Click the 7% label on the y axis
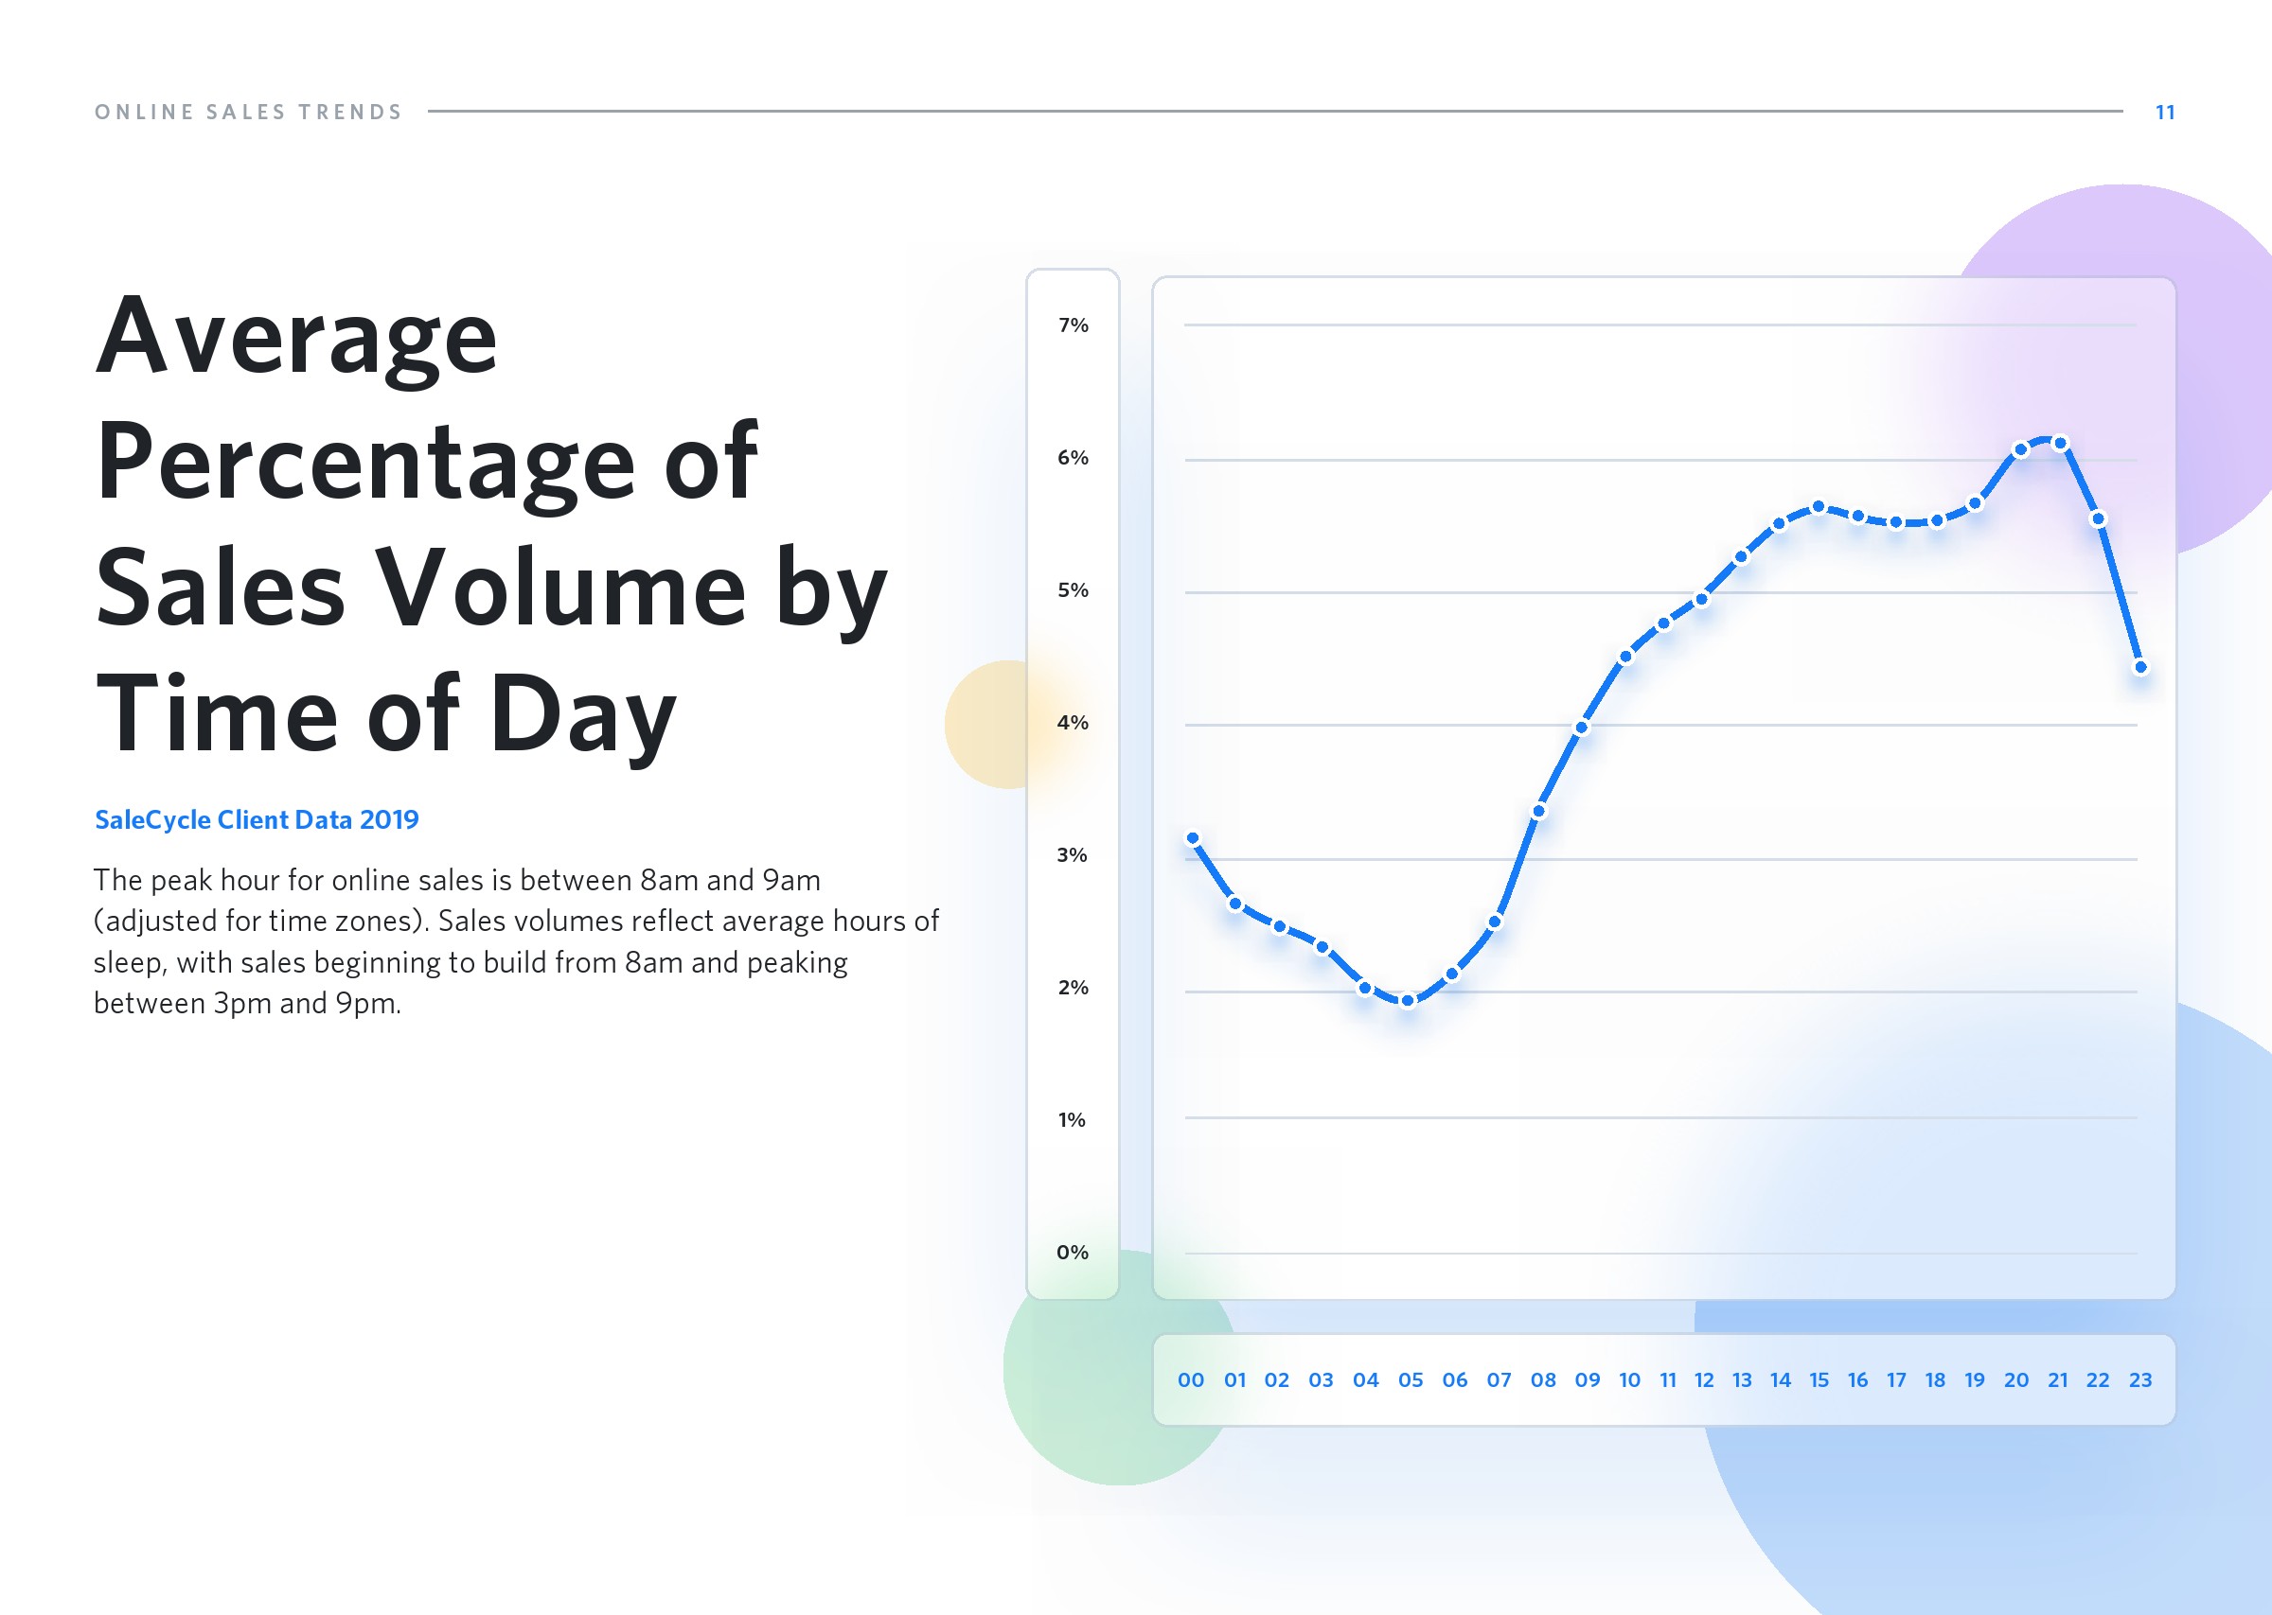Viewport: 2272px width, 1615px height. point(1073,325)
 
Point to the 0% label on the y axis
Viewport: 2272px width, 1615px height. point(1073,1252)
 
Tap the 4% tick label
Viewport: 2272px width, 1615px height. point(1073,722)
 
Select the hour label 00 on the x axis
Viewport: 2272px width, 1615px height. point(1191,1379)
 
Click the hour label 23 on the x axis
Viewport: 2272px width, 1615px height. point(2139,1379)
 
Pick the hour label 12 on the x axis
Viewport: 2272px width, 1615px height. point(1704,1379)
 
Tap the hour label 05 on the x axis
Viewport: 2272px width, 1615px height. point(1411,1379)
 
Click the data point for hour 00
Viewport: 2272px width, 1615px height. point(1193,838)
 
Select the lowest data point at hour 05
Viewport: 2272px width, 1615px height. point(1408,1001)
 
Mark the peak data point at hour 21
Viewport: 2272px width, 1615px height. point(2060,443)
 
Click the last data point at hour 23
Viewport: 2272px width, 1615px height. point(2140,667)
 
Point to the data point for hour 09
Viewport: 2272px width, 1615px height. point(1582,727)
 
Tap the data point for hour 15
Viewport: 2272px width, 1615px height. point(1818,507)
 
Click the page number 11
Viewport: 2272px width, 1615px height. point(2165,113)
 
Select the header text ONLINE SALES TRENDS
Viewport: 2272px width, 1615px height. point(249,113)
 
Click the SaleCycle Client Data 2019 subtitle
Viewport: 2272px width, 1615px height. point(257,819)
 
